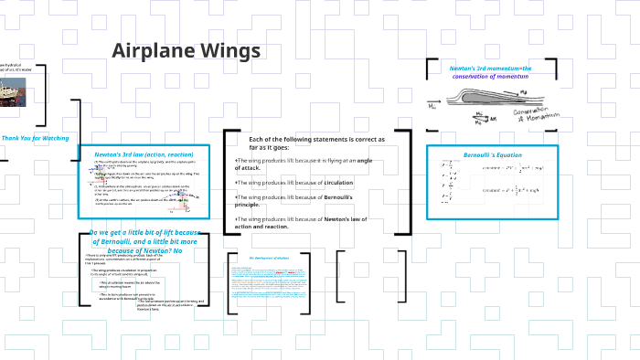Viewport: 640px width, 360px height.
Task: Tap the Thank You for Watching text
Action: pyautogui.click(x=35, y=138)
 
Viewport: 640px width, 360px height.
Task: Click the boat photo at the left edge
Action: pyautogui.click(x=12, y=90)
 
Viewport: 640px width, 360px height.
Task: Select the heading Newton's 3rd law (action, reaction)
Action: pyautogui.click(x=144, y=154)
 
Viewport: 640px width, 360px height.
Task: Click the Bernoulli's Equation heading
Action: pyautogui.click(x=493, y=154)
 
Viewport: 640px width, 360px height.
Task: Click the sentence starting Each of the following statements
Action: pyautogui.click(x=316, y=143)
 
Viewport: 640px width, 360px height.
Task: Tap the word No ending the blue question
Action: pyautogui.click(x=177, y=250)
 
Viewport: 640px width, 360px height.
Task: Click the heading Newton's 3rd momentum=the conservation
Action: pyautogui.click(x=490, y=72)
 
